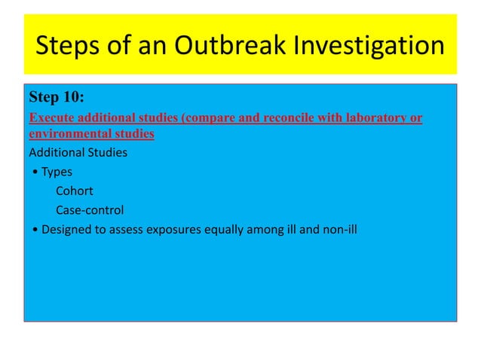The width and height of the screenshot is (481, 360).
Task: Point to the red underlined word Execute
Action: [x=51, y=118]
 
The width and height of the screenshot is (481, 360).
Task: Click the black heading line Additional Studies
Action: [x=78, y=153]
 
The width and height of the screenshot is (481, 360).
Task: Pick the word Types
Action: [x=57, y=172]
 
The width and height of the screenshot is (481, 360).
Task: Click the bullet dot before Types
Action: [x=36, y=172]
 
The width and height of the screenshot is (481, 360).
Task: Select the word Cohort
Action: [x=75, y=191]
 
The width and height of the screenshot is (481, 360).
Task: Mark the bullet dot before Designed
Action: [x=36, y=230]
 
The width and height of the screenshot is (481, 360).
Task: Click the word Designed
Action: [x=66, y=230]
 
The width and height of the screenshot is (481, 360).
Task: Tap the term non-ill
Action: [x=339, y=229]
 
